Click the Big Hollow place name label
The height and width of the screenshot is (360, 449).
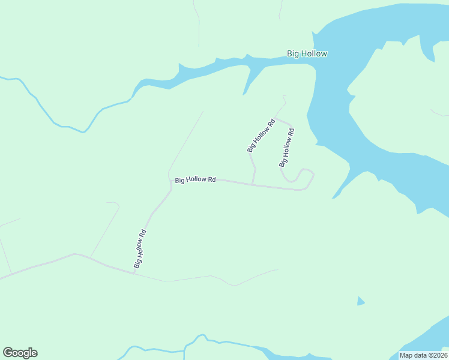pyautogui.click(x=307, y=54)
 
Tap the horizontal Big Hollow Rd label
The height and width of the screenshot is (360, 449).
pyautogui.click(x=195, y=179)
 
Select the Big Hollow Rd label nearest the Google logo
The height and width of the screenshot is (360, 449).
pyautogui.click(x=140, y=248)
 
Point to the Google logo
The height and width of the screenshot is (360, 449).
pyautogui.click(x=20, y=353)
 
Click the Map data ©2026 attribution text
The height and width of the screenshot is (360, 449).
pyautogui.click(x=423, y=355)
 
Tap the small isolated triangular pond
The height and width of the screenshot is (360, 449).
pyautogui.click(x=360, y=301)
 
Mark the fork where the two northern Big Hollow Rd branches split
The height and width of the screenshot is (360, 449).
pyautogui.click(x=276, y=118)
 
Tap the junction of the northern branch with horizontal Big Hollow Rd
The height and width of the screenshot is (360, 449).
pyautogui.click(x=253, y=184)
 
